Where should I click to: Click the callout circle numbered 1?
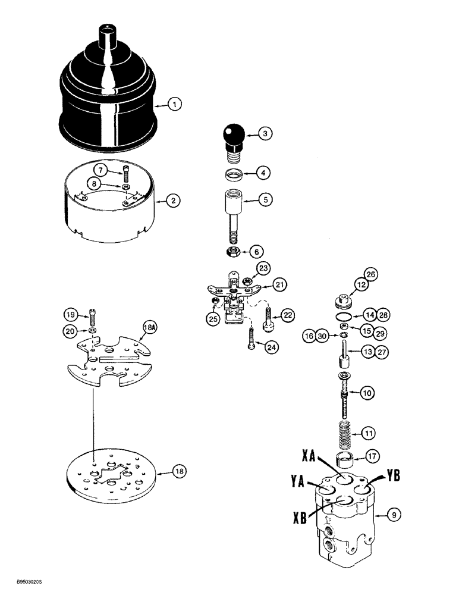pyautogui.click(x=174, y=105)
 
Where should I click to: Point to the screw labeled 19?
pyautogui.click(x=91, y=313)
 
